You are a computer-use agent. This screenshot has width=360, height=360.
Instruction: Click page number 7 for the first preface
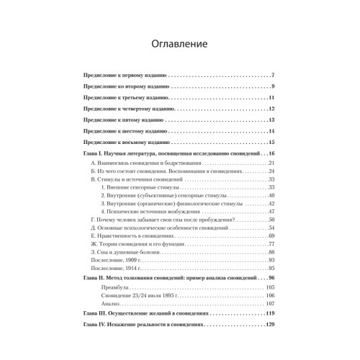point(273,76)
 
